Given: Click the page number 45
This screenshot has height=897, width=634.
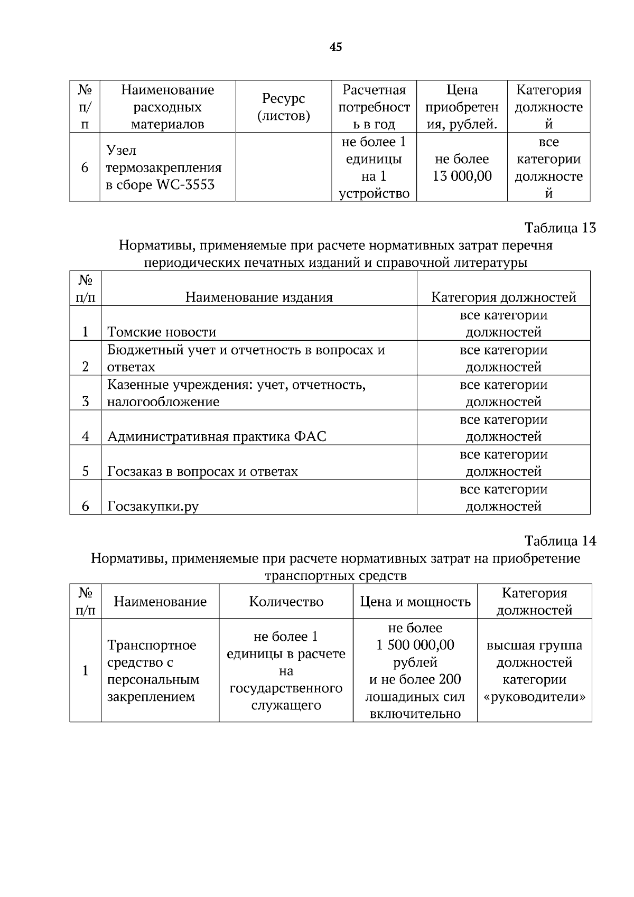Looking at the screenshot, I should click(x=335, y=47).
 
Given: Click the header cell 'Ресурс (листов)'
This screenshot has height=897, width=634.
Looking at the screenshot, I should click(x=284, y=107).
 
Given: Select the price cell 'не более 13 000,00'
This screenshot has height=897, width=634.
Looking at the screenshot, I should click(x=462, y=167).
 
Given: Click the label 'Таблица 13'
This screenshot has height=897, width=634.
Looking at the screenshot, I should click(x=560, y=228).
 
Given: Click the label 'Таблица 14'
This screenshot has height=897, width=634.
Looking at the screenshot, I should click(x=560, y=541).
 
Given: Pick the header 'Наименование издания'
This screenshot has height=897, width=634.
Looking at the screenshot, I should click(x=259, y=297).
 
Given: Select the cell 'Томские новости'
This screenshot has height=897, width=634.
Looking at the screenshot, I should click(x=162, y=332).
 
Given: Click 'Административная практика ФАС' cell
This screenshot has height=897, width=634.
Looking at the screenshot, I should click(x=217, y=436).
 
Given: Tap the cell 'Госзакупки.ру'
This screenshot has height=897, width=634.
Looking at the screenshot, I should click(x=153, y=506).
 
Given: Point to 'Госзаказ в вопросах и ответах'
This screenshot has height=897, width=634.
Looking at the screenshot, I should click(x=202, y=471).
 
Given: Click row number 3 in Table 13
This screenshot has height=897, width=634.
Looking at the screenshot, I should click(x=86, y=401).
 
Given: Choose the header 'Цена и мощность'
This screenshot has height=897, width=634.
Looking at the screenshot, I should click(x=415, y=602).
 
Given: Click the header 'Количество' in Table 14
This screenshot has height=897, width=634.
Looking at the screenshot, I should click(x=286, y=602).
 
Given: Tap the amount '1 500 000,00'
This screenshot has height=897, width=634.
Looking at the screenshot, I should click(x=415, y=645).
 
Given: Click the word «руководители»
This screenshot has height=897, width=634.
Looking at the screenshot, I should click(x=535, y=697).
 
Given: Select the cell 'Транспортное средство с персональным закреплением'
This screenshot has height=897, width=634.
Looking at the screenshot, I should click(x=153, y=670).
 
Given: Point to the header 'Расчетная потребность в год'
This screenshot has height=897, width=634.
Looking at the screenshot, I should click(x=374, y=107).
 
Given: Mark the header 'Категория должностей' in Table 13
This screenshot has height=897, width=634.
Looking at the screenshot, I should click(x=504, y=297).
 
